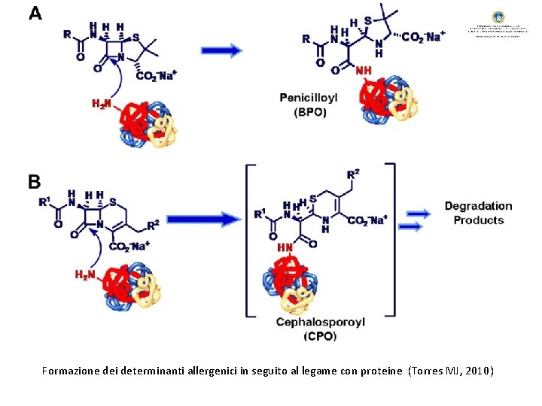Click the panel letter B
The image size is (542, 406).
(35, 182)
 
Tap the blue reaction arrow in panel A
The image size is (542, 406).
(221, 50)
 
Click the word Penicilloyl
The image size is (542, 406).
(309, 98)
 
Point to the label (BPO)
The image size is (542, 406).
(309, 113)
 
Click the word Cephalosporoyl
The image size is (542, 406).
(321, 322)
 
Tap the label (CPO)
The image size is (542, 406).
(321, 336)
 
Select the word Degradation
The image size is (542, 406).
(478, 206)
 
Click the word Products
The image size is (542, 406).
(478, 220)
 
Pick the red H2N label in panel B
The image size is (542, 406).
(85, 274)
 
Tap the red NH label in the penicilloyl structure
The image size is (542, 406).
(364, 71)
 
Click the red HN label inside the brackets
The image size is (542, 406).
(285, 247)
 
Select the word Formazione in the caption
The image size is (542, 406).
(69, 371)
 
